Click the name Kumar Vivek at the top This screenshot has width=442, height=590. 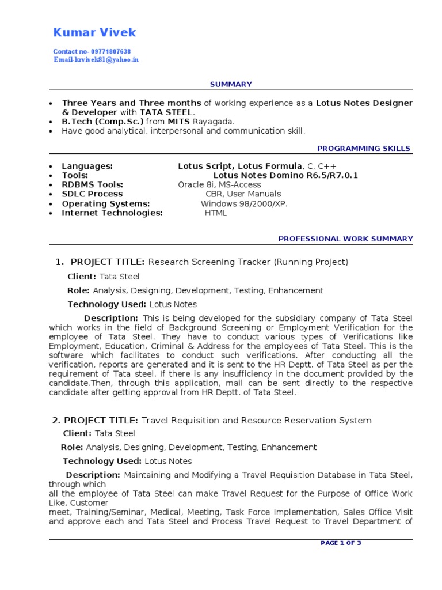(94, 32)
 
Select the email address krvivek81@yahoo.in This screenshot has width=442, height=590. (106, 60)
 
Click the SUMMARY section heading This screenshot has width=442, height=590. (231, 84)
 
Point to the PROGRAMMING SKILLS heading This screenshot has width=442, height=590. (364, 149)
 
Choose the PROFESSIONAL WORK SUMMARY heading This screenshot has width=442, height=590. (345, 239)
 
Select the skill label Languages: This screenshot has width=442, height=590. (87, 166)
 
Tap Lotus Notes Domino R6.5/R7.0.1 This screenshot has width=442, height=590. (285, 175)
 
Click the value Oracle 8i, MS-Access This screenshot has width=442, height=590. (219, 184)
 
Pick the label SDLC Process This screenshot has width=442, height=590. (92, 194)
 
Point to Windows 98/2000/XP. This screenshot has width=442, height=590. (244, 203)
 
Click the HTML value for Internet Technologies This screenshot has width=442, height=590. (216, 213)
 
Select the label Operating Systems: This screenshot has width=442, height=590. (106, 203)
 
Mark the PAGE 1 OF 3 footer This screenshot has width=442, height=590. (341, 543)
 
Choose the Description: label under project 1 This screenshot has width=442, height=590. (110, 318)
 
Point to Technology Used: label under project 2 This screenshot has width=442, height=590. (102, 461)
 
